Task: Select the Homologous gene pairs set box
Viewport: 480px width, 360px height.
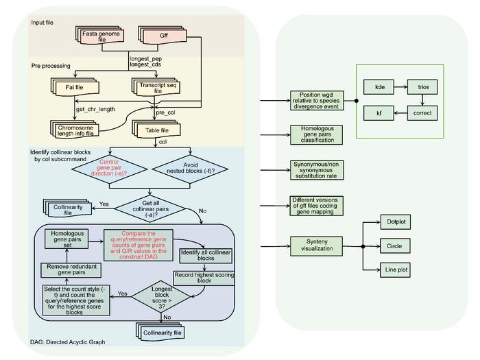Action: click(66, 239)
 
